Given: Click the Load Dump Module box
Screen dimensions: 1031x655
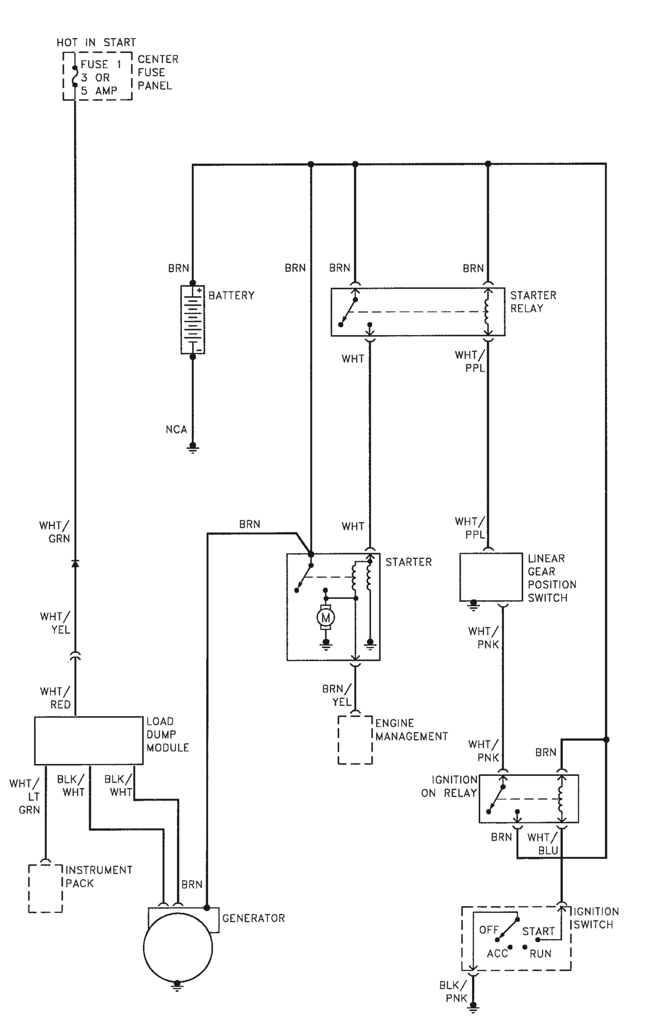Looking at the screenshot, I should pyautogui.click(x=89, y=740).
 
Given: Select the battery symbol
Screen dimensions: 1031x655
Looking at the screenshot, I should pyautogui.click(x=192, y=320).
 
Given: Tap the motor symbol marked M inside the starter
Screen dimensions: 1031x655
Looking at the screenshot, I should pyautogui.click(x=325, y=617).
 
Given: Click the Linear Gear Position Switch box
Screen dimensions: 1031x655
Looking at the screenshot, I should pyautogui.click(x=491, y=577).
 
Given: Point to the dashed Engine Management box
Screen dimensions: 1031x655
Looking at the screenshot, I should pyautogui.click(x=355, y=739).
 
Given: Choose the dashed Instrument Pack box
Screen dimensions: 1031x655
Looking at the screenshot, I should pyautogui.click(x=46, y=888).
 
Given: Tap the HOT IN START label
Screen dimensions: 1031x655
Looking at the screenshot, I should pyautogui.click(x=96, y=42).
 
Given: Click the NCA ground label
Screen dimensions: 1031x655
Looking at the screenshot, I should pyautogui.click(x=176, y=429).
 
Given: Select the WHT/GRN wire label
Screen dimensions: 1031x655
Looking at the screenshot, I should pyautogui.click(x=55, y=532).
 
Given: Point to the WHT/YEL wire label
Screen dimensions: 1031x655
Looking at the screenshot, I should pyautogui.click(x=55, y=623).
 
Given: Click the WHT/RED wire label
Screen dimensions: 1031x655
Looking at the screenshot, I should pyautogui.click(x=55, y=698).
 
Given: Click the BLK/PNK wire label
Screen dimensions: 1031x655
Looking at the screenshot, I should pyautogui.click(x=454, y=992).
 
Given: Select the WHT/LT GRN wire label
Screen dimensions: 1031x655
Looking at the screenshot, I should pyautogui.click(x=24, y=796).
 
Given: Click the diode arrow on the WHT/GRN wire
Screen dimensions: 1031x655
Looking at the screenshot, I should pyautogui.click(x=75, y=562).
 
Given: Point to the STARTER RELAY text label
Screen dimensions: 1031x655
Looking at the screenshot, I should pyautogui.click(x=533, y=302).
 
